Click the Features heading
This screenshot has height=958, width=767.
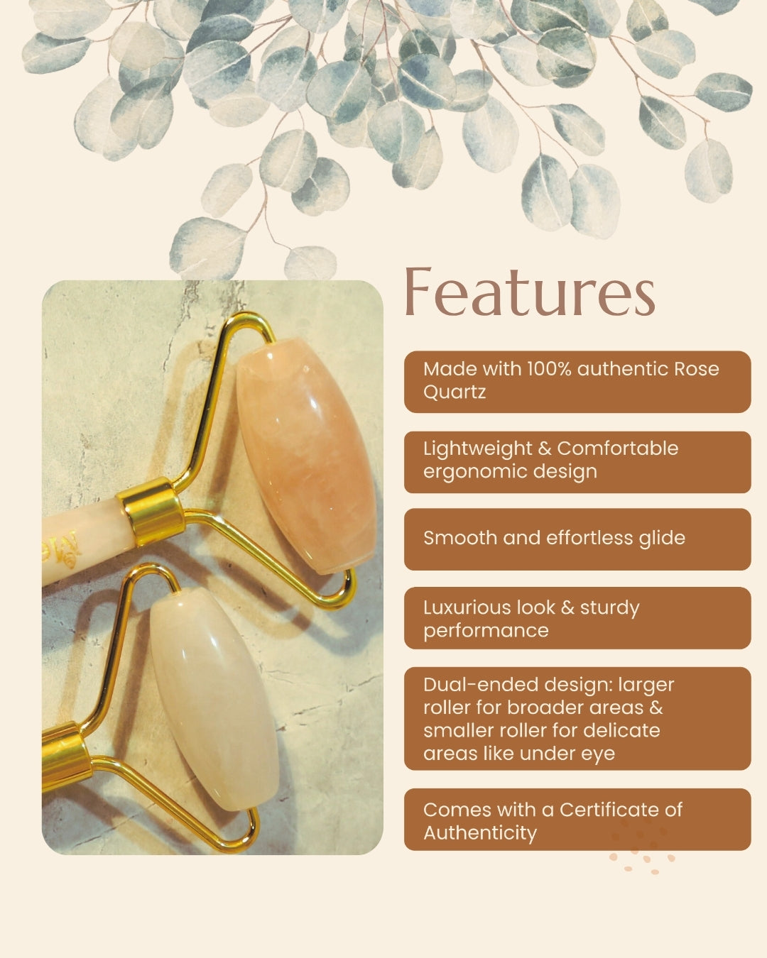click(530, 292)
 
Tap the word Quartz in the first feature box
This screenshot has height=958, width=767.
click(454, 392)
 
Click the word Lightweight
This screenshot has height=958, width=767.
click(477, 448)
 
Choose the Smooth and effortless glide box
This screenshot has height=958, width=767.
click(577, 539)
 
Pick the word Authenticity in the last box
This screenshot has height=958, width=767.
click(480, 833)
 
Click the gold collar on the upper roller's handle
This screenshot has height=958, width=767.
click(151, 512)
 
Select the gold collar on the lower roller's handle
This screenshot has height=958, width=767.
click(65, 760)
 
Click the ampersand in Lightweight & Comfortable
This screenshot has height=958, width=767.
click(545, 448)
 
